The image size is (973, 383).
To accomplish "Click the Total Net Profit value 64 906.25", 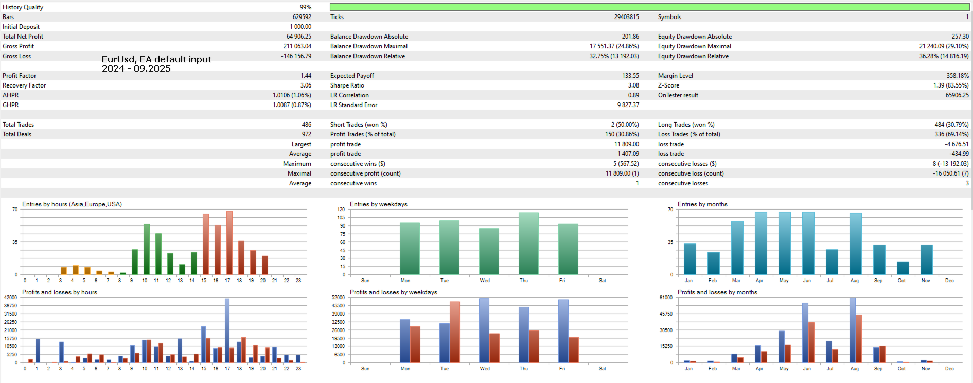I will (x=298, y=37).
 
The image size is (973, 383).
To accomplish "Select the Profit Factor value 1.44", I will (x=306, y=76).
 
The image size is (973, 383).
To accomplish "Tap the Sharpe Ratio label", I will (x=347, y=85).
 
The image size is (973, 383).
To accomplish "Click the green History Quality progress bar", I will (x=649, y=7).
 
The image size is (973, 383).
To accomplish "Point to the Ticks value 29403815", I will (x=626, y=17).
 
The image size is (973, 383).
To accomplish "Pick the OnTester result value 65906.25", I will (x=957, y=95).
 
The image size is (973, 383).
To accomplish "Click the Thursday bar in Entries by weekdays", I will (x=528, y=243).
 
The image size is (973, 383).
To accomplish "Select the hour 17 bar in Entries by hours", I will (x=229, y=242).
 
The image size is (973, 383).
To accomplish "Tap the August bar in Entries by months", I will (x=855, y=243).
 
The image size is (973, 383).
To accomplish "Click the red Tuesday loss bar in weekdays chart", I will (x=455, y=332).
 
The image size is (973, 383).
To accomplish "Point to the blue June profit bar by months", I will (x=805, y=333).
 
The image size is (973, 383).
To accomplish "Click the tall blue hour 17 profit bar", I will (x=227, y=330).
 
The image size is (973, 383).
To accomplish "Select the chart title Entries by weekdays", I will (x=378, y=204).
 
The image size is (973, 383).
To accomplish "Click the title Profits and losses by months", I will (x=717, y=292).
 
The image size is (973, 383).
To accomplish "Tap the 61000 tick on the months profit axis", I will (x=666, y=298).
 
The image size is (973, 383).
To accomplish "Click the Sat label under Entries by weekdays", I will (x=602, y=281).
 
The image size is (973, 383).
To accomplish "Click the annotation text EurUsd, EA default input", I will (x=156, y=59).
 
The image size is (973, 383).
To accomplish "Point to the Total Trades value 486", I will (x=306, y=125).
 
